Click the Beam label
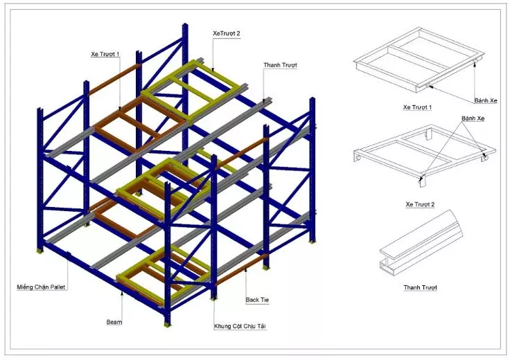114,322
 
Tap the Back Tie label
257,300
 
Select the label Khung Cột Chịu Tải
240,326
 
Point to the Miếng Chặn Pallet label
41,287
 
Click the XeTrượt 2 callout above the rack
227,33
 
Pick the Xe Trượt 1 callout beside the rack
105,54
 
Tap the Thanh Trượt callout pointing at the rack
280,65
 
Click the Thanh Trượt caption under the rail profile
420,287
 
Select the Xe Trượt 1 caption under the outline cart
418,107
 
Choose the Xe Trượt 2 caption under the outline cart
420,204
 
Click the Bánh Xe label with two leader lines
473,118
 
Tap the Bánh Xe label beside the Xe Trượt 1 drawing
486,100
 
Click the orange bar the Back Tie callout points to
241,269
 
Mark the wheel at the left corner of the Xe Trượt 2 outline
358,158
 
